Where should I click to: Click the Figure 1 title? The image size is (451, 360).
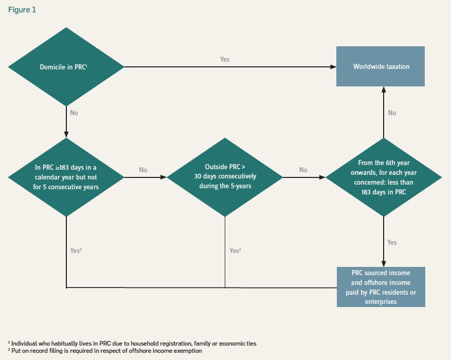click(x=22, y=10)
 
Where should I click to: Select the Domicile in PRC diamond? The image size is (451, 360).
click(x=66, y=67)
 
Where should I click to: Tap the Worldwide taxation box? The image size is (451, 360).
click(x=381, y=67)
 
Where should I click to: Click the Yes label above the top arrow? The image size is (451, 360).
click(x=225, y=59)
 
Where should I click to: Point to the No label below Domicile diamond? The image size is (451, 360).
click(x=74, y=113)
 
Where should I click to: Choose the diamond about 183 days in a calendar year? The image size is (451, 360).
click(x=66, y=177)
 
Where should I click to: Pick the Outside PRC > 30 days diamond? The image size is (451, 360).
click(x=225, y=177)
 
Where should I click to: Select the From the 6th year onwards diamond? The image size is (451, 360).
click(x=384, y=177)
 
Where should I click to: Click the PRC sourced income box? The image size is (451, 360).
click(x=381, y=286)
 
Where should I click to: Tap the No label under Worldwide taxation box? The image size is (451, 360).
click(x=392, y=113)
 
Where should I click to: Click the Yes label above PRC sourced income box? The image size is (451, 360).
click(x=392, y=242)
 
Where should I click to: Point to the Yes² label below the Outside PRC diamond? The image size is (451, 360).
click(x=235, y=250)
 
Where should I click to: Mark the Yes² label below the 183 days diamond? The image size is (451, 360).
click(x=76, y=250)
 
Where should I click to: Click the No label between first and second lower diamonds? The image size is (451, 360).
click(x=143, y=170)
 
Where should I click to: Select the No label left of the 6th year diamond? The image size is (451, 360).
click(x=303, y=170)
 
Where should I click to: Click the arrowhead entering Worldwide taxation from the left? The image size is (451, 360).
click(x=333, y=67)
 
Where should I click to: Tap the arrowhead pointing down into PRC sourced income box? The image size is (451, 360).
click(x=384, y=263)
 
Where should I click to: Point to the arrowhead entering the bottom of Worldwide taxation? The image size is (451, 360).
click(x=384, y=89)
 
